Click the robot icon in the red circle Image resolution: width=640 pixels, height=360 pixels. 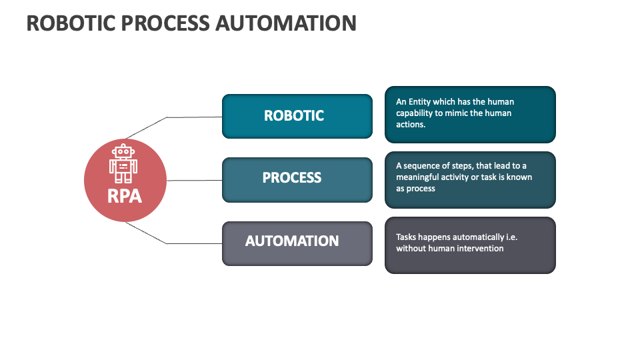point(124,163)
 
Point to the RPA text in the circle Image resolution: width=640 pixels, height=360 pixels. point(125,196)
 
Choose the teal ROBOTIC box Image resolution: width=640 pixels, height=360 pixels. point(297,116)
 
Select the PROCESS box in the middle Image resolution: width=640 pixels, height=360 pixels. point(297,179)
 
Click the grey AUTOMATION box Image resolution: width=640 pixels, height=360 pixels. point(297,243)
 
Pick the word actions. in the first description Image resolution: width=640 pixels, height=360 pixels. point(411,125)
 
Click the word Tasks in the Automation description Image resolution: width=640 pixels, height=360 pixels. point(407,237)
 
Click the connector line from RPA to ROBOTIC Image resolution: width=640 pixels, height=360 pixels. point(193,117)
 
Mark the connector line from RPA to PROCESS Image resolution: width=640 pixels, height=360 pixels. point(194,180)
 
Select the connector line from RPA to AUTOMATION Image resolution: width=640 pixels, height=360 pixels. point(193,243)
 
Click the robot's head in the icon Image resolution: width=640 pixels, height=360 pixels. point(123,152)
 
